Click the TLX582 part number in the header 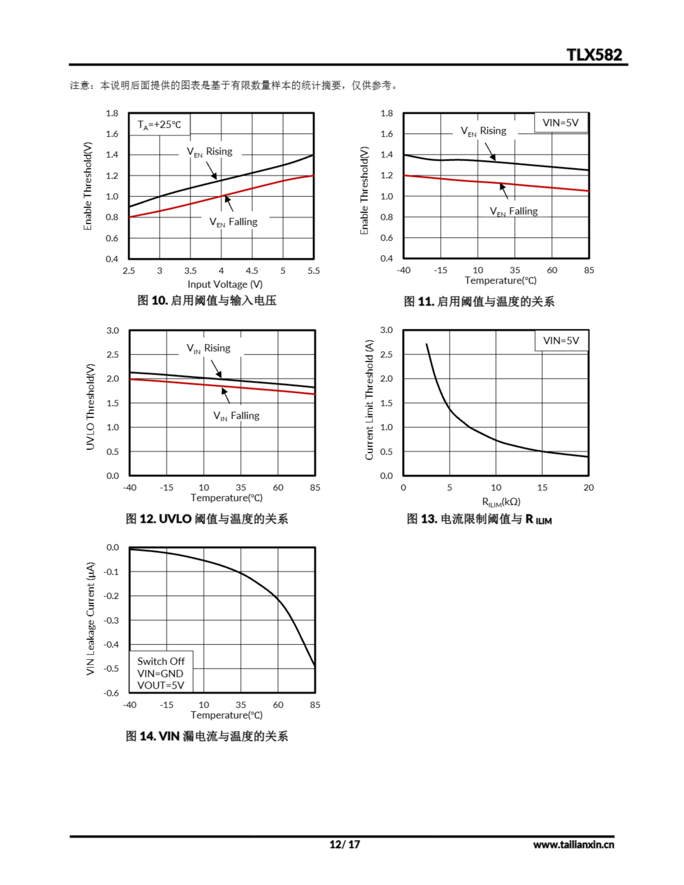click(594, 55)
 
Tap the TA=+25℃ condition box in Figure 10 click(159, 124)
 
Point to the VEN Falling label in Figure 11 click(513, 212)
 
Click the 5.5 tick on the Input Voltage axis click(313, 271)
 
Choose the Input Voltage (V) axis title click(225, 285)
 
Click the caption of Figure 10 click(207, 301)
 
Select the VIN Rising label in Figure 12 click(209, 348)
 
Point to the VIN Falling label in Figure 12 click(237, 416)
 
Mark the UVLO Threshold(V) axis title click(90, 407)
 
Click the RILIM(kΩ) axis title click(501, 502)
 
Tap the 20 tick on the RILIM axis click(588, 487)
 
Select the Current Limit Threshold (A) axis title click(369, 400)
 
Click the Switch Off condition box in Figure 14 click(161, 673)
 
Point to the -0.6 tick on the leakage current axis click(111, 693)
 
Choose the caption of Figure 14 click(207, 736)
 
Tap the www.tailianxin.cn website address click(573, 845)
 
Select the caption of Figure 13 click(479, 519)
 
